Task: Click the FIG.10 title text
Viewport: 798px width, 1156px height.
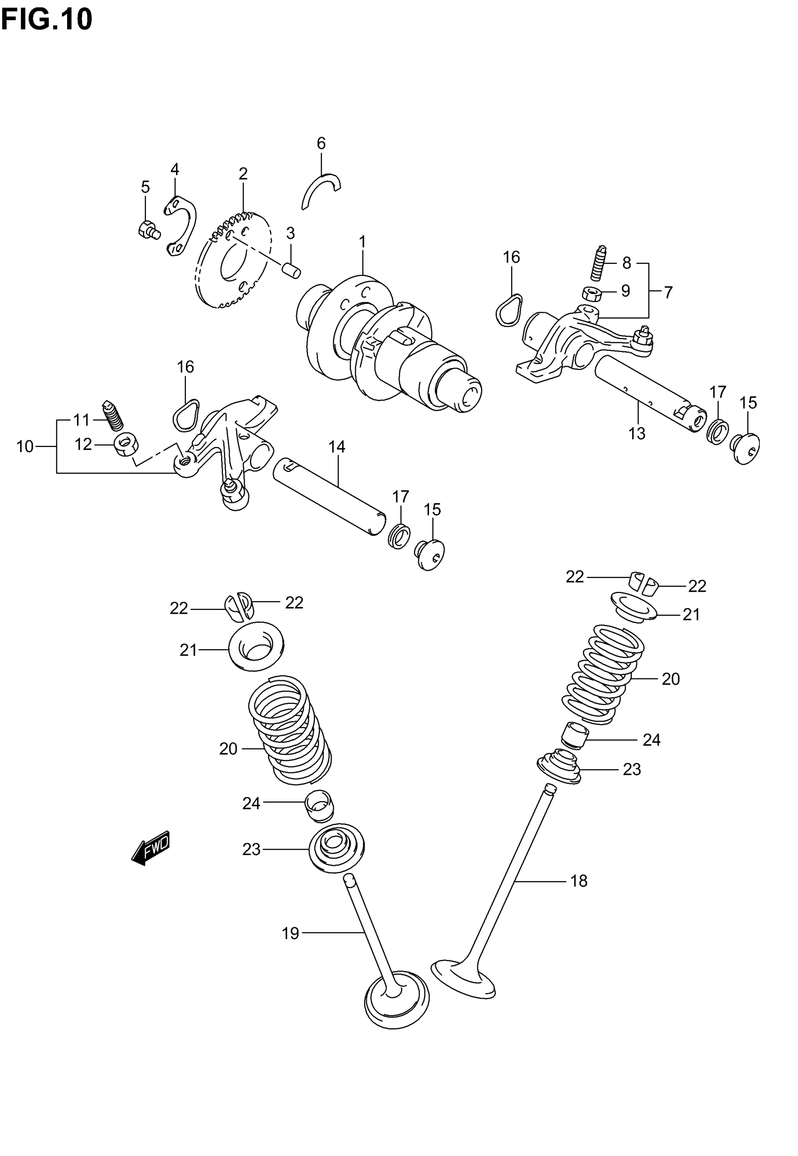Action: pos(46,20)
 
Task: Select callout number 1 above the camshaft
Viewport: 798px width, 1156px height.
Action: pos(362,242)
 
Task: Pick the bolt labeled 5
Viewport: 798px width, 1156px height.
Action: pos(148,231)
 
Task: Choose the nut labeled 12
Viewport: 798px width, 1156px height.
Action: pos(126,445)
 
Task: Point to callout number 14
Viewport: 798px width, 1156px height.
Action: pos(337,447)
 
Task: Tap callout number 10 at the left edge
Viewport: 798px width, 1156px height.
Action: pos(25,446)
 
